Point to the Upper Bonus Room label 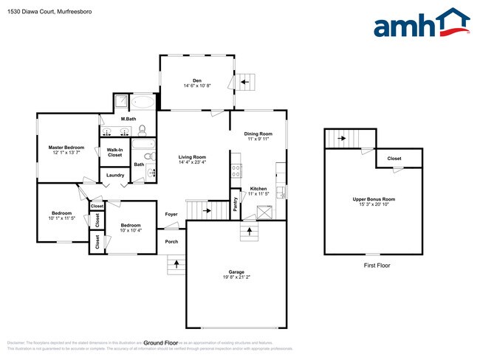coord(373,199)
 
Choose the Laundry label coord(115,175)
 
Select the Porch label coord(171,241)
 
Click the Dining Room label coord(258,134)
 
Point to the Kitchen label coord(258,189)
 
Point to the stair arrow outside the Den coord(246,81)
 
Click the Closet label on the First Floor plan coord(394,159)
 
